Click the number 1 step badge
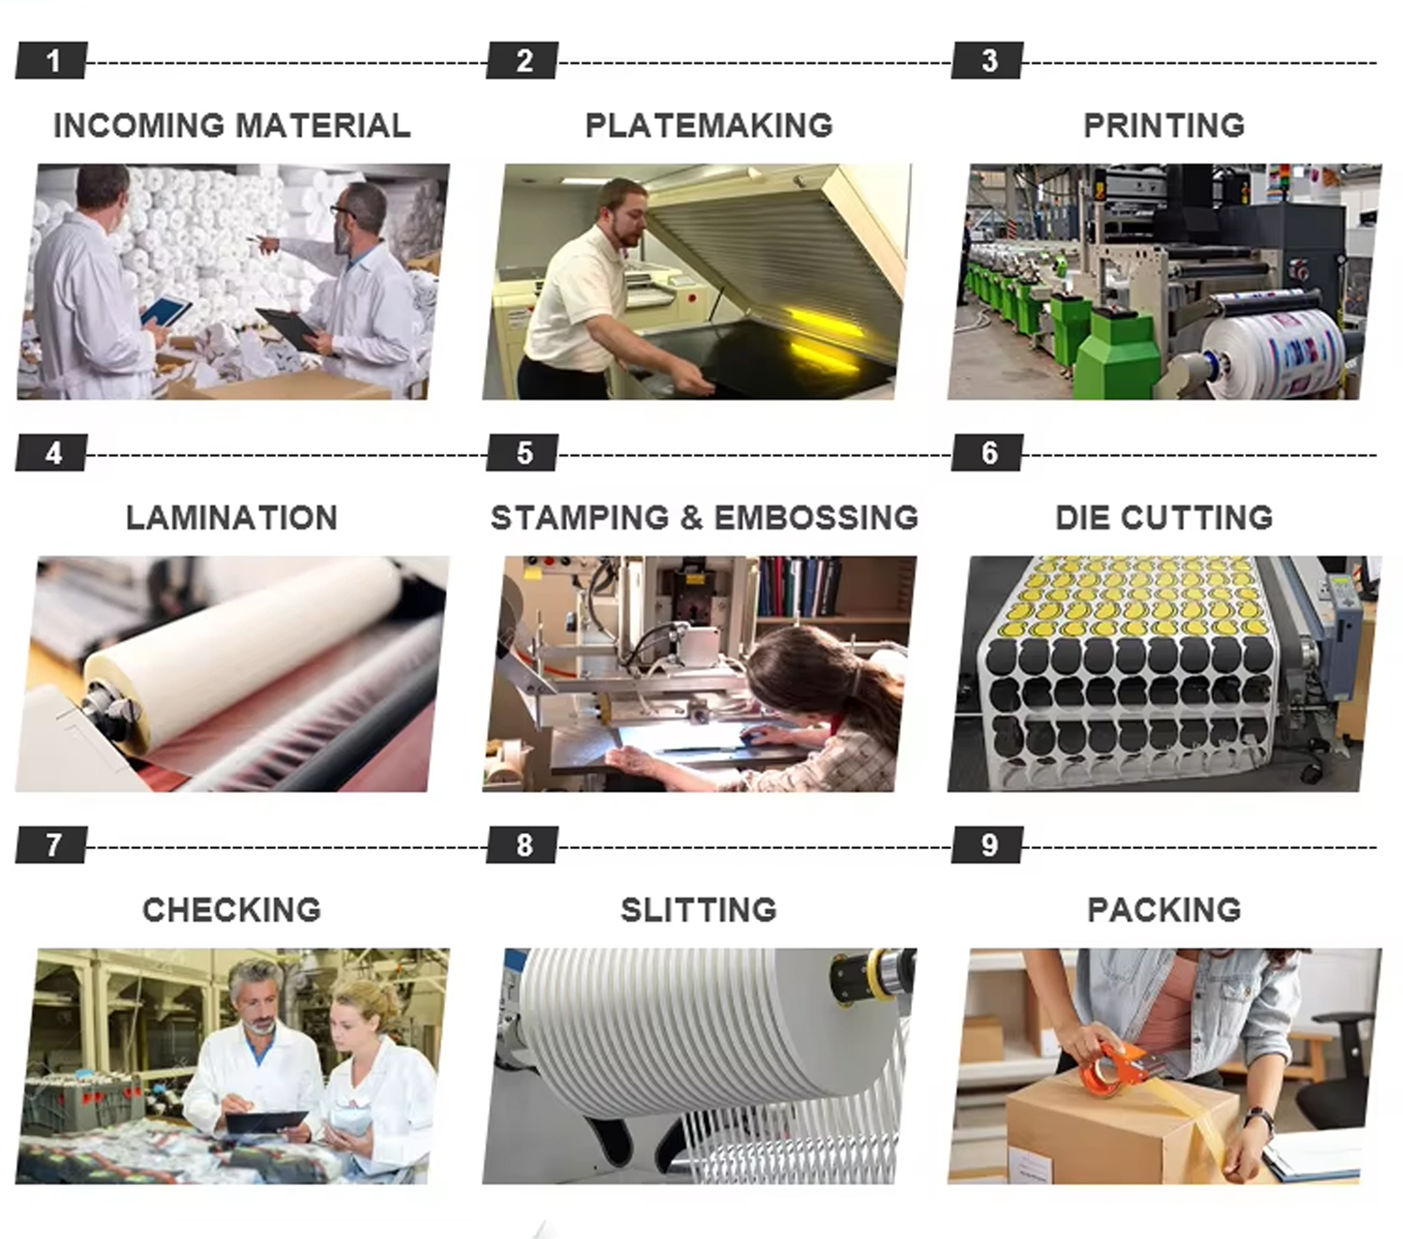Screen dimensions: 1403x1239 point(52,60)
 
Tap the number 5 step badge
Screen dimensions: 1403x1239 point(523,453)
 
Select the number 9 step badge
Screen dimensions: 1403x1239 point(989,845)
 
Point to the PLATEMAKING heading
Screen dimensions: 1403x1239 point(708,125)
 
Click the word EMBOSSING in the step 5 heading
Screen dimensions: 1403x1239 point(817,517)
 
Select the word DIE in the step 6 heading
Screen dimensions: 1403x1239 point(1081,517)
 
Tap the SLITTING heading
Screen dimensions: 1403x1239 point(699,910)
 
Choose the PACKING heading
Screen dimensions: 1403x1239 point(1164,910)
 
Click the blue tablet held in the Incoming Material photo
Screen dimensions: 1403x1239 point(166,311)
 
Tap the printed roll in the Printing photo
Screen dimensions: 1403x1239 point(1274,357)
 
